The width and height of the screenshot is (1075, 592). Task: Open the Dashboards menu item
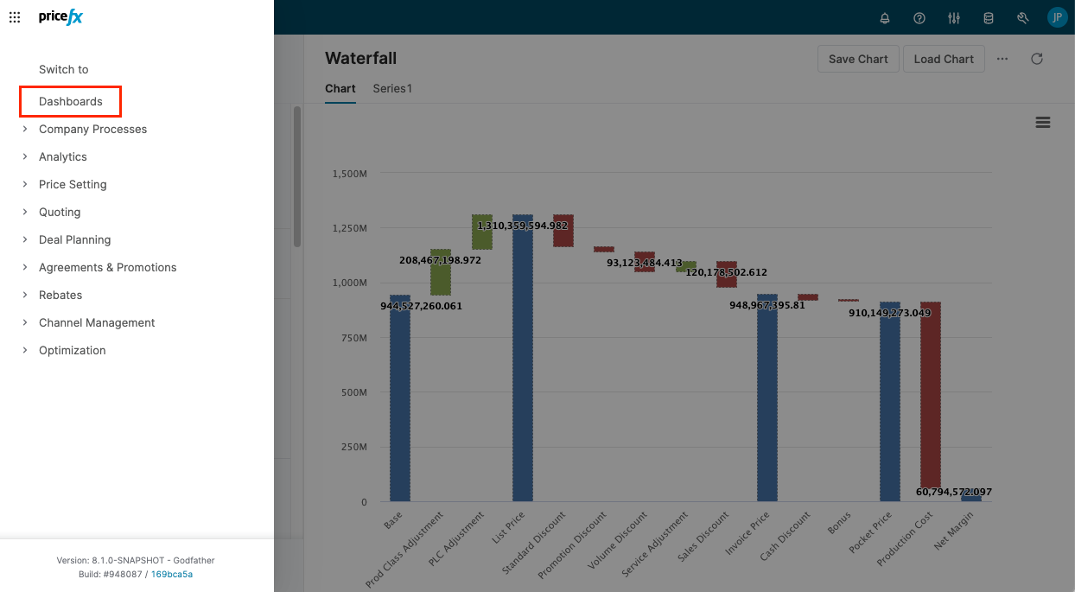click(x=71, y=101)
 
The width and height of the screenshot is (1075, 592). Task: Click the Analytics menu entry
click(x=63, y=156)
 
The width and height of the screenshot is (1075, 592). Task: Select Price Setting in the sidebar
click(x=73, y=184)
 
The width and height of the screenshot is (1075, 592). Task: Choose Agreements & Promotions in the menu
click(x=107, y=267)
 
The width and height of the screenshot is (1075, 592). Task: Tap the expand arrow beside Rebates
click(x=25, y=295)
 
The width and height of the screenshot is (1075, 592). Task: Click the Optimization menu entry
click(x=72, y=350)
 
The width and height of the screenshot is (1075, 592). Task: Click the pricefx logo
click(x=60, y=17)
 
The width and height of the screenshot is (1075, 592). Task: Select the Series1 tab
click(x=392, y=88)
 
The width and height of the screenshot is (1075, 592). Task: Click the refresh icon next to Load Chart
click(x=1037, y=59)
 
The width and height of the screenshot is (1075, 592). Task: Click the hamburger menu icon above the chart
click(x=1043, y=123)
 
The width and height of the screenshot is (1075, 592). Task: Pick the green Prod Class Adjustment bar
click(x=441, y=273)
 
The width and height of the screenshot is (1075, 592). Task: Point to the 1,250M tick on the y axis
click(x=349, y=228)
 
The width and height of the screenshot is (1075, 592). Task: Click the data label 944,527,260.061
click(x=422, y=306)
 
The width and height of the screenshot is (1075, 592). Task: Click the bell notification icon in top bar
click(x=885, y=18)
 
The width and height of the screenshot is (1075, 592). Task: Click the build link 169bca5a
click(x=172, y=574)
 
